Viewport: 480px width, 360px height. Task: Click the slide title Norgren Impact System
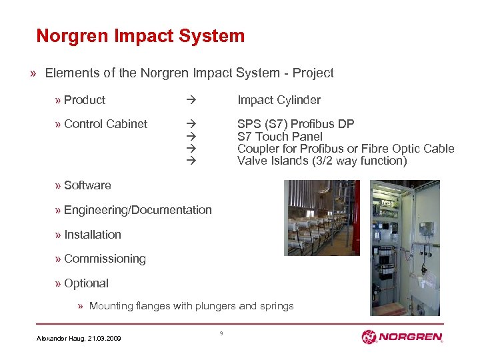coord(141,36)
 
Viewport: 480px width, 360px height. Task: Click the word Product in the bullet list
coord(85,100)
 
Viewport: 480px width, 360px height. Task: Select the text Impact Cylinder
coord(279,100)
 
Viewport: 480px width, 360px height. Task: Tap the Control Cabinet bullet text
coord(105,124)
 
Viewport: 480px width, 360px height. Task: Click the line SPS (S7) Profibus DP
coord(295,124)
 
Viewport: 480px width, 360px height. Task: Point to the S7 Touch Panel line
coord(279,137)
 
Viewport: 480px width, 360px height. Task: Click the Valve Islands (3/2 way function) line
coord(321,161)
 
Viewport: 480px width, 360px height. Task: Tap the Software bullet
coord(87,185)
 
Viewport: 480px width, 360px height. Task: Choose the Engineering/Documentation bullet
coord(137,210)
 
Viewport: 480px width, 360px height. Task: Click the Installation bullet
coord(93,235)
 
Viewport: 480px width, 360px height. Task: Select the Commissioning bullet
coord(105,259)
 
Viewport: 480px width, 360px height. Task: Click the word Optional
coord(86,283)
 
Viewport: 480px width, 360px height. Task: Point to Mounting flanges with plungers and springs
coord(191,306)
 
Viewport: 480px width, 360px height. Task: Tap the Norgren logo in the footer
coord(401,337)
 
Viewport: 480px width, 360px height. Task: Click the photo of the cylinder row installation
coord(321,218)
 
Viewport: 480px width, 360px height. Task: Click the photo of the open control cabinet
coord(405,247)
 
